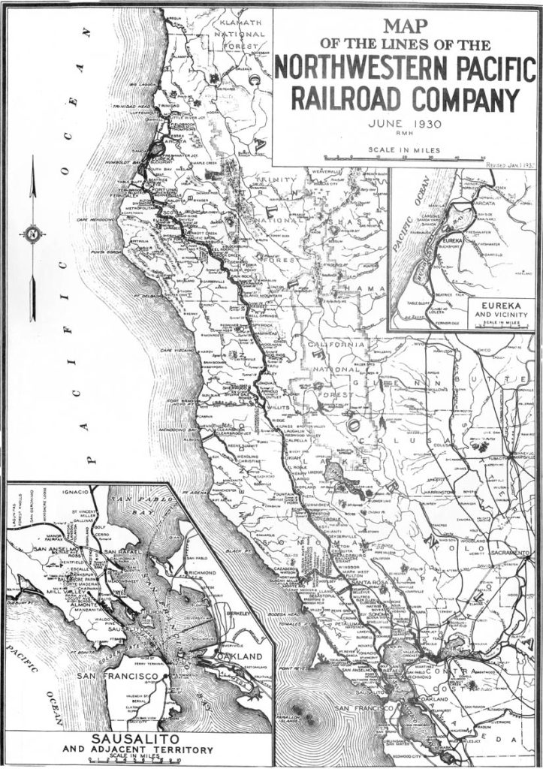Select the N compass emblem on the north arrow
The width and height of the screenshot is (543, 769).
tap(32, 234)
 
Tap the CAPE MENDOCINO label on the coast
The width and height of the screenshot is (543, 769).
tap(109, 219)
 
